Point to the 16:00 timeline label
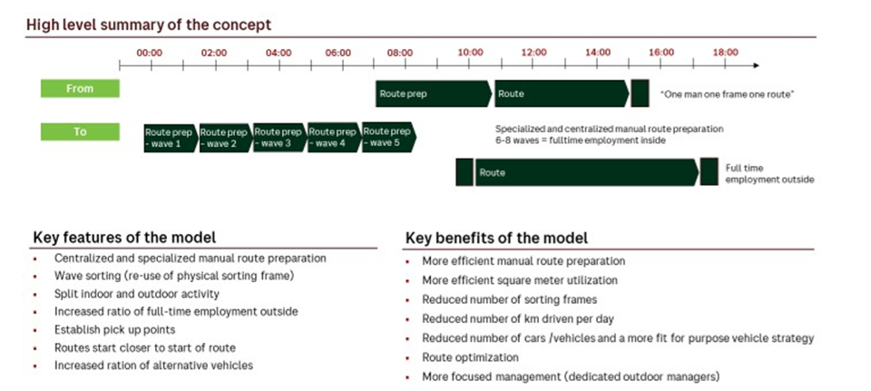661,53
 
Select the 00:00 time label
150,53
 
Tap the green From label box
80,89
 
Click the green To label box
80,132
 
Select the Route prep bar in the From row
434,93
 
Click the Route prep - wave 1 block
170,138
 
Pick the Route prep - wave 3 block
279,138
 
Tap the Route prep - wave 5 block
388,138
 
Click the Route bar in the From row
561,93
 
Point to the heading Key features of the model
124,238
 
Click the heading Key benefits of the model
496,238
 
